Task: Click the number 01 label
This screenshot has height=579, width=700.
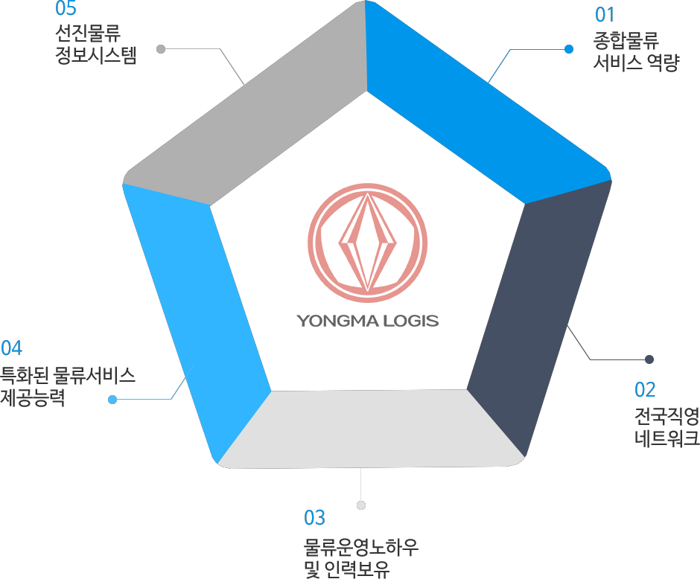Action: [x=605, y=15]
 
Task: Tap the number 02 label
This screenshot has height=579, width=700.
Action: [x=645, y=389]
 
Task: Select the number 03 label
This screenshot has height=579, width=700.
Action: [x=314, y=517]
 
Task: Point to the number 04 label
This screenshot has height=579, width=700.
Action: [x=11, y=348]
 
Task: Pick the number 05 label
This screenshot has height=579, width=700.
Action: [x=66, y=8]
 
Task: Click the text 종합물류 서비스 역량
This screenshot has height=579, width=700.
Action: [x=636, y=51]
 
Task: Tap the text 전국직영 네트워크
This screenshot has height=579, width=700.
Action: [x=667, y=427]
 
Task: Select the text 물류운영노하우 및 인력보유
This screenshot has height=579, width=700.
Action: [x=360, y=557]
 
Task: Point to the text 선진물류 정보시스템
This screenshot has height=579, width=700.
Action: [x=95, y=44]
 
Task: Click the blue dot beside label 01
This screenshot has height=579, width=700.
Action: [x=569, y=49]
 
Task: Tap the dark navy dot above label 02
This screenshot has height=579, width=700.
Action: [x=649, y=359]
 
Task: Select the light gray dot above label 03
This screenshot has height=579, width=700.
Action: [x=361, y=505]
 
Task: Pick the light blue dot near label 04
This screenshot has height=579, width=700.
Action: [x=112, y=399]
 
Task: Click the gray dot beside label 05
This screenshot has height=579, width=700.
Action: [x=161, y=49]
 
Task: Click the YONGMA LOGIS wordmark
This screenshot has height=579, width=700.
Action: [x=367, y=321]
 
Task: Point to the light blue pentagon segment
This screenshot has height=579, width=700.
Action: [x=197, y=313]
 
